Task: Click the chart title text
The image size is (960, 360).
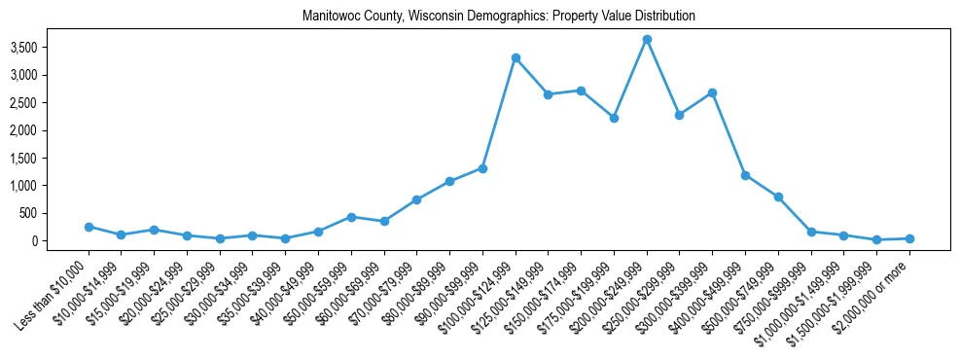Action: point(499,17)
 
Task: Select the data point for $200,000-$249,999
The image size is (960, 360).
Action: point(647,39)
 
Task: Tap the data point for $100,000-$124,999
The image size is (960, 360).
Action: point(516,57)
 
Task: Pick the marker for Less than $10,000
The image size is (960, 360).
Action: point(89,227)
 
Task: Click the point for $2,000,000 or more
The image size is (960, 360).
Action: point(909,238)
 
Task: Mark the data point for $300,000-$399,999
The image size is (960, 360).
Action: point(712,92)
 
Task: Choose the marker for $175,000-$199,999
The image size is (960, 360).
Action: point(614,118)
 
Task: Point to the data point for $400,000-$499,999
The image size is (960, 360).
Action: point(745,175)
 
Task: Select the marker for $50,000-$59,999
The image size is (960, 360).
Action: point(351,217)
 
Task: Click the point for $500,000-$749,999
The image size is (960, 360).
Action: point(778,197)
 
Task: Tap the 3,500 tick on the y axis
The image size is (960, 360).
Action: point(51,47)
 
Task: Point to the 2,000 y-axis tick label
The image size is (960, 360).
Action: point(51,130)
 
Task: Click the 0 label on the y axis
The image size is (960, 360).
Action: point(59,241)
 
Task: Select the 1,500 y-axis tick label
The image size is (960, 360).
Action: point(51,158)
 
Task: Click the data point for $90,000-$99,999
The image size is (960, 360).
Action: point(482,168)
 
